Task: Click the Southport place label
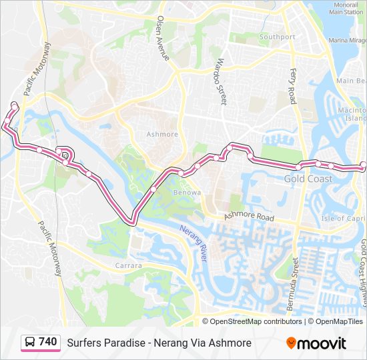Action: point(277,37)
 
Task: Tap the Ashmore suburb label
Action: point(162,134)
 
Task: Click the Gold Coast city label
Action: point(308,179)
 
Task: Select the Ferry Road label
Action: point(292,86)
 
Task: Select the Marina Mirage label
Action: point(347,41)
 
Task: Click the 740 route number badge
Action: point(47,342)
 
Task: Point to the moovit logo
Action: point(316,343)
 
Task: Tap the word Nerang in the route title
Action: point(166,343)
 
